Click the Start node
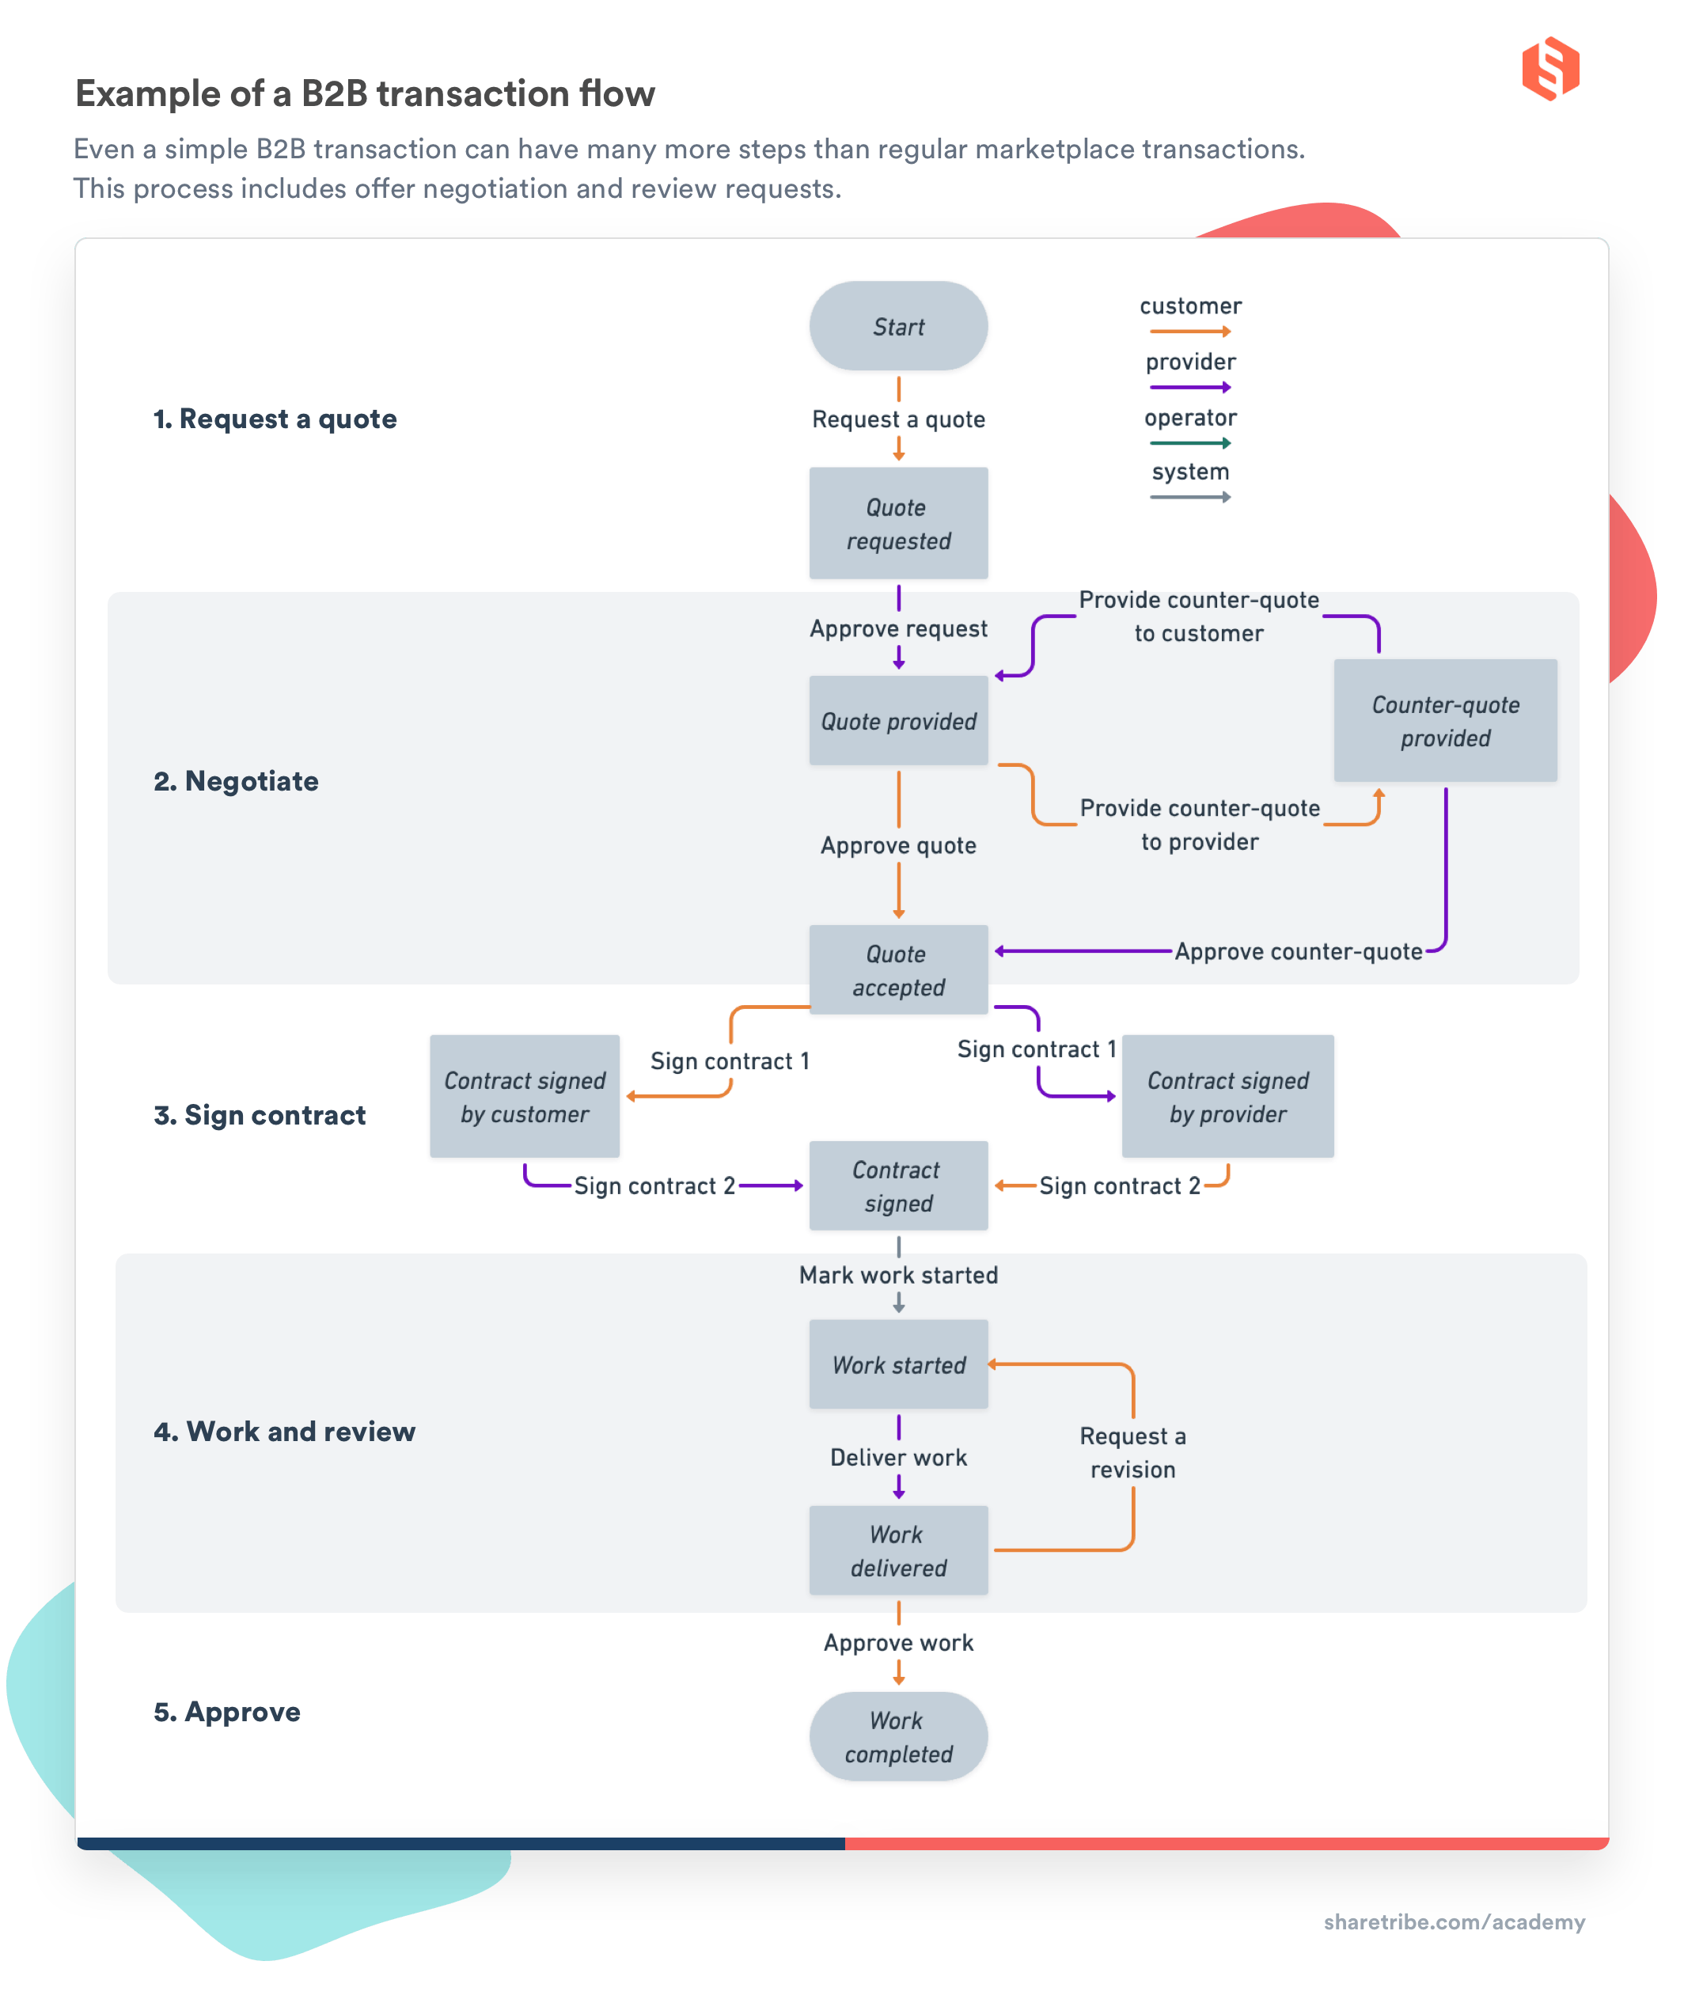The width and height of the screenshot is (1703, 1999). (x=897, y=326)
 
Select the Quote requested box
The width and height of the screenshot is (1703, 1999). (x=897, y=523)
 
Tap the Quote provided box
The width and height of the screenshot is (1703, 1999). (x=897, y=721)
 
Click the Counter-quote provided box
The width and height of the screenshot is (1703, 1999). (x=1444, y=721)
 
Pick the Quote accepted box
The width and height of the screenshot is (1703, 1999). (x=897, y=969)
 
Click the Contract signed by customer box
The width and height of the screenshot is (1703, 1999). (x=524, y=1096)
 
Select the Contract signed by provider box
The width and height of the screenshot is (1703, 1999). (x=1227, y=1096)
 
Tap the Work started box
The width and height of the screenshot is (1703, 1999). (x=897, y=1364)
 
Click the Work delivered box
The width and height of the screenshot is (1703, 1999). (x=897, y=1550)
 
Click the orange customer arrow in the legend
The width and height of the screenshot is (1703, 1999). (x=1189, y=332)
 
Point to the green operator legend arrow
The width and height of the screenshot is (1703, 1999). (x=1189, y=444)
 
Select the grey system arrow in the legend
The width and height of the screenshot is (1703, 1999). (x=1189, y=498)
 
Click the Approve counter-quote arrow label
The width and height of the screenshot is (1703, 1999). (x=1298, y=951)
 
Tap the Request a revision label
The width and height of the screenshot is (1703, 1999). (x=1132, y=1452)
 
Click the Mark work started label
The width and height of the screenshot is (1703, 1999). (x=897, y=1274)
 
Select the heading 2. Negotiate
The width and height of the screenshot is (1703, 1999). (x=236, y=780)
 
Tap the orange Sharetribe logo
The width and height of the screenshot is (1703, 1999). (x=1549, y=69)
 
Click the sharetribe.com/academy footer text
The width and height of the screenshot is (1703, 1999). (x=1453, y=1921)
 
